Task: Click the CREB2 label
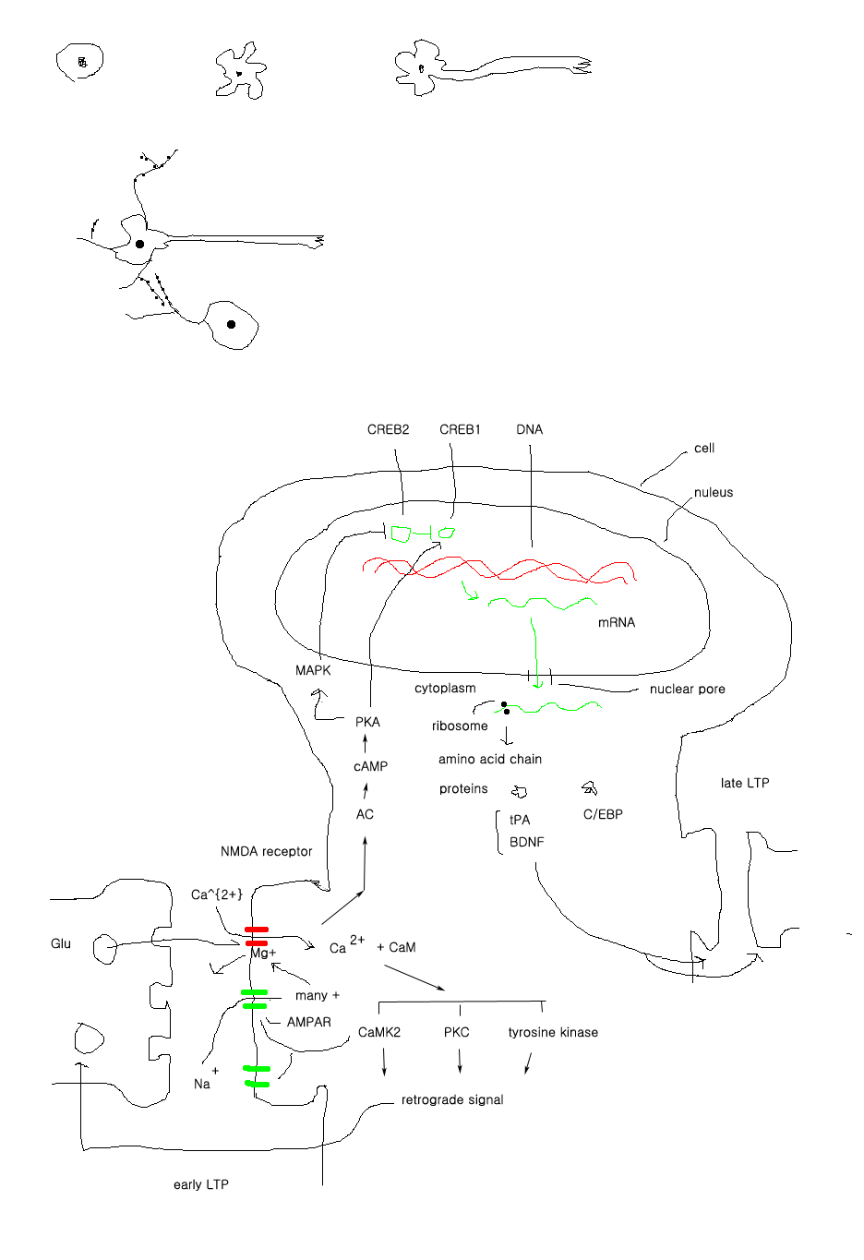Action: click(388, 429)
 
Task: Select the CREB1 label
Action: click(460, 429)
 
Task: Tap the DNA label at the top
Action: click(529, 429)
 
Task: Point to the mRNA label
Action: click(617, 622)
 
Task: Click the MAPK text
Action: click(313, 670)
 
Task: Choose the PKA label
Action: click(367, 722)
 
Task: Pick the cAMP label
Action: click(370, 766)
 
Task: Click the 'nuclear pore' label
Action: click(687, 689)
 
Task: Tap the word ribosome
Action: click(460, 726)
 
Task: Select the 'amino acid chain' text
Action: click(490, 759)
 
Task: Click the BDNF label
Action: click(526, 842)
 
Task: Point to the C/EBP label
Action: click(603, 814)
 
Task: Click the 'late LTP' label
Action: click(744, 783)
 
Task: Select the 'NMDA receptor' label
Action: click(266, 851)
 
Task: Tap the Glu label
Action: click(61, 943)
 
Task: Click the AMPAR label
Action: click(308, 1022)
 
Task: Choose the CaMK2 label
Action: click(379, 1032)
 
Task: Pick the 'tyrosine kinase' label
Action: click(553, 1032)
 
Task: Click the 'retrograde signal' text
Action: click(452, 1099)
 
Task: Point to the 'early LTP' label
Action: click(200, 1184)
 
